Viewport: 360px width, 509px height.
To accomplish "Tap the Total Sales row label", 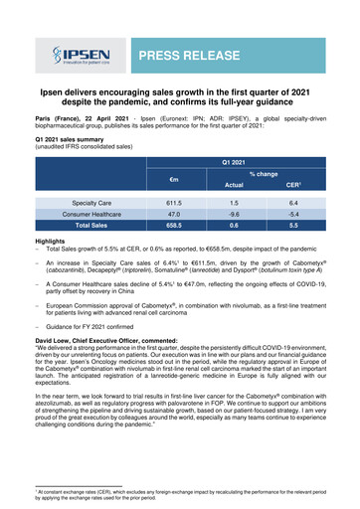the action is [x=90, y=226].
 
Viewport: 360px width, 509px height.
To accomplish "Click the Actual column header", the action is [x=232, y=183].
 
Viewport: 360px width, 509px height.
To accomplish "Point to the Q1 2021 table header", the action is [x=232, y=158].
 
